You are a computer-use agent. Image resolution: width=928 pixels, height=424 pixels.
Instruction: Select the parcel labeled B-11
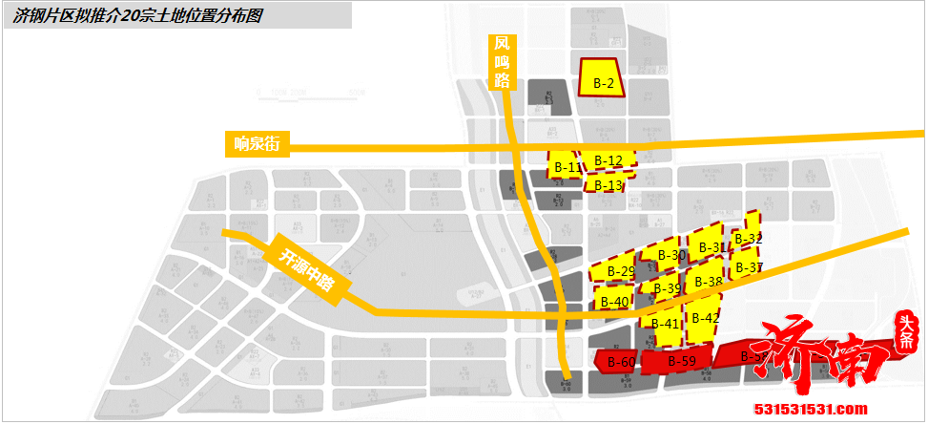pyautogui.click(x=565, y=166)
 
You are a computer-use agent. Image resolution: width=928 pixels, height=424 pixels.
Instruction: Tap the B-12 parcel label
pyautogui.click(x=608, y=159)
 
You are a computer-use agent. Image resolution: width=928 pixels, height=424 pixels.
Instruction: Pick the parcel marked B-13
pyautogui.click(x=607, y=183)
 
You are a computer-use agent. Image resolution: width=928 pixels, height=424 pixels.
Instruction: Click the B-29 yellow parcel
pyautogui.click(x=620, y=271)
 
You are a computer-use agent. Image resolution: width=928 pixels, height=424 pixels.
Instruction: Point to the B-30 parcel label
pyautogui.click(x=671, y=255)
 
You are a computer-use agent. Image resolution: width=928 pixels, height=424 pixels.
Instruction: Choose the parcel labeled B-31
pyautogui.click(x=711, y=246)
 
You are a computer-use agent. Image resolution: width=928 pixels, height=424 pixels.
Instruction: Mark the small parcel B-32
pyautogui.click(x=749, y=238)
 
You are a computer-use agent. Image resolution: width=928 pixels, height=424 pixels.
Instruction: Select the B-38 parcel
pyautogui.click(x=708, y=281)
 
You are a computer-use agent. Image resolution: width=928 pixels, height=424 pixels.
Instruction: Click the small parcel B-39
pyautogui.click(x=667, y=288)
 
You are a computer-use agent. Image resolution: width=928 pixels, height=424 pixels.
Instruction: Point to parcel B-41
pyautogui.click(x=666, y=322)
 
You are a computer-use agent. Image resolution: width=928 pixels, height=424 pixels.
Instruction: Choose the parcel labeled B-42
pyautogui.click(x=705, y=317)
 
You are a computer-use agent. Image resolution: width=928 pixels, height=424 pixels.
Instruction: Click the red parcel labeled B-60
pyautogui.click(x=621, y=361)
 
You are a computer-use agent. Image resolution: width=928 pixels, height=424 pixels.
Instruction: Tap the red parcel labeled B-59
pyautogui.click(x=681, y=361)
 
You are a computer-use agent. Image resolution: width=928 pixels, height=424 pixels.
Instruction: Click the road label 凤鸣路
pyautogui.click(x=503, y=62)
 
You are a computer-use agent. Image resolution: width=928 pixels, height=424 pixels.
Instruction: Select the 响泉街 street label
pyautogui.click(x=256, y=144)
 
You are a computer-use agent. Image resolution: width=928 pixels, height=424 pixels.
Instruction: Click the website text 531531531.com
pyautogui.click(x=810, y=410)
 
